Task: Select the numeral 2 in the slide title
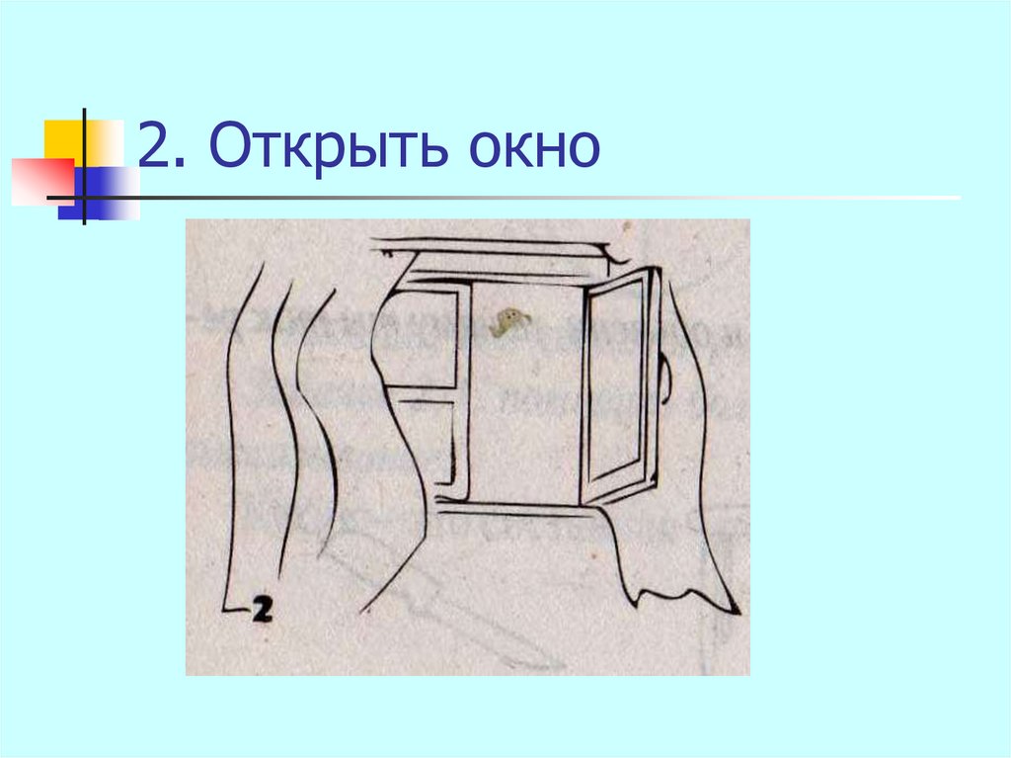coord(153,144)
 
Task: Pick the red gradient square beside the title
coord(42,182)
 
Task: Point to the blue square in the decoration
coord(98,193)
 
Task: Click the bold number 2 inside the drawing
coord(261,609)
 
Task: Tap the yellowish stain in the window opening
coord(509,322)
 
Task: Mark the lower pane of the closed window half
coord(428,442)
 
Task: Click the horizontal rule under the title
coord(503,198)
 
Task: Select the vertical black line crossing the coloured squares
coord(85,167)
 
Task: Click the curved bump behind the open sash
coord(666,379)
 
